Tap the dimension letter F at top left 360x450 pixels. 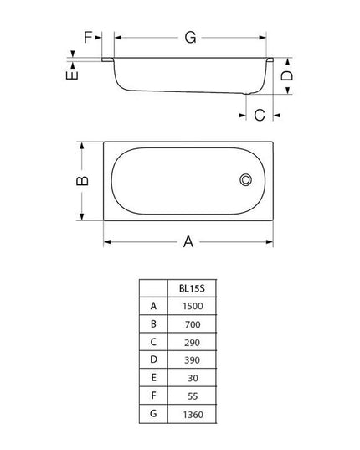[88, 38]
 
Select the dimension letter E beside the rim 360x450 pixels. [73, 75]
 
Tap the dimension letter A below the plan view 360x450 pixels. [188, 242]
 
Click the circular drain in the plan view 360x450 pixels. [246, 180]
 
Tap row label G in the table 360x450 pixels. [153, 415]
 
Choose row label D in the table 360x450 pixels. [153, 360]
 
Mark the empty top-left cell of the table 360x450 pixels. [153, 287]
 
